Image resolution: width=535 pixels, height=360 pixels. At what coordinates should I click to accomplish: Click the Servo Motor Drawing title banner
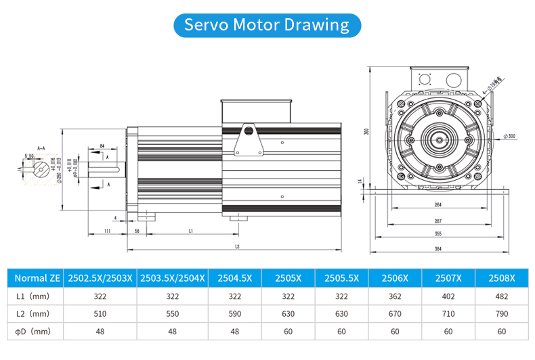267,25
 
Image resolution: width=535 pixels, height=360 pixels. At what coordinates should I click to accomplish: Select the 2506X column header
395,277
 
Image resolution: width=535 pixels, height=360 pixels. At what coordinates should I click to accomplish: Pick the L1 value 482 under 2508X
502,296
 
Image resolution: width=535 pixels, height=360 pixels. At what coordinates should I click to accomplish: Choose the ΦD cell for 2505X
289,332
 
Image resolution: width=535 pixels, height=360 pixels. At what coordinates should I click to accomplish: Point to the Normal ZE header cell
37,277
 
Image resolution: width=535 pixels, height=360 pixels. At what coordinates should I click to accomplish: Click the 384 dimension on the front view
438,248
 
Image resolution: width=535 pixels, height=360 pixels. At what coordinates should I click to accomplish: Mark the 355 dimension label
438,234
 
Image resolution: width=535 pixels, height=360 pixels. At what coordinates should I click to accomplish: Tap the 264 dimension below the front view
438,206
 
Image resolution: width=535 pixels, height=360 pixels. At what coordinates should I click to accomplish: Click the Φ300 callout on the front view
509,137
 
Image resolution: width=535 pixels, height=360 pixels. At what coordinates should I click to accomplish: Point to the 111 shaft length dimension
108,231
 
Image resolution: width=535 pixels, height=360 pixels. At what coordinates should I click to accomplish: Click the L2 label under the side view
237,247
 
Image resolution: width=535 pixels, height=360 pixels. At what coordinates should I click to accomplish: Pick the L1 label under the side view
192,231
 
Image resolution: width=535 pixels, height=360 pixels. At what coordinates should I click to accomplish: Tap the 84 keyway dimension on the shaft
102,145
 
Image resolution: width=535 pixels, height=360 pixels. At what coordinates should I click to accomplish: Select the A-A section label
41,145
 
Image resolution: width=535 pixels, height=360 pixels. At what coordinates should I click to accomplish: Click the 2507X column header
448,277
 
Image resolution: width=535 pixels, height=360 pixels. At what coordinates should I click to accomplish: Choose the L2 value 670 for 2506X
395,313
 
